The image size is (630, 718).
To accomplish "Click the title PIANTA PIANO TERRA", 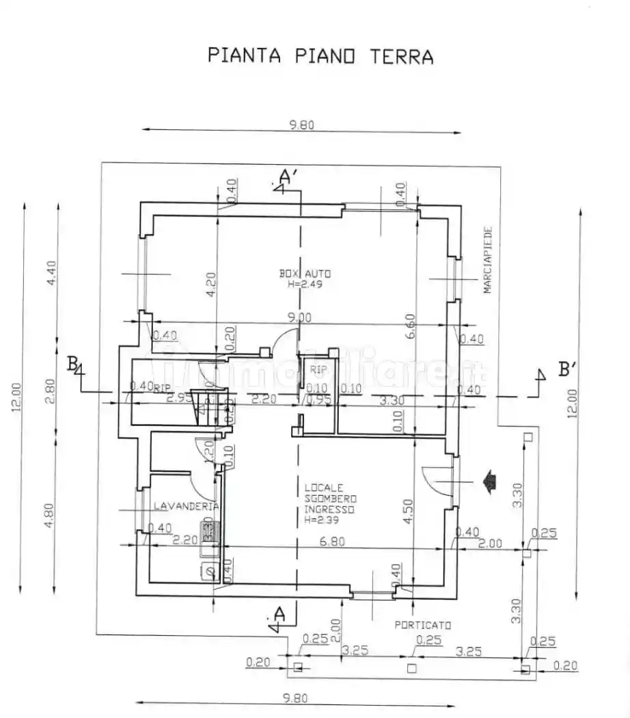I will [x=320, y=55].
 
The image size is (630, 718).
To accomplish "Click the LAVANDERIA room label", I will [x=186, y=506].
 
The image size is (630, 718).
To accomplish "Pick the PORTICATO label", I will [x=423, y=625].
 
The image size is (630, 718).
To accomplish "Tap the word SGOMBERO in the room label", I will [x=329, y=498].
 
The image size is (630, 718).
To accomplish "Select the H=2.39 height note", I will [x=324, y=520].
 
